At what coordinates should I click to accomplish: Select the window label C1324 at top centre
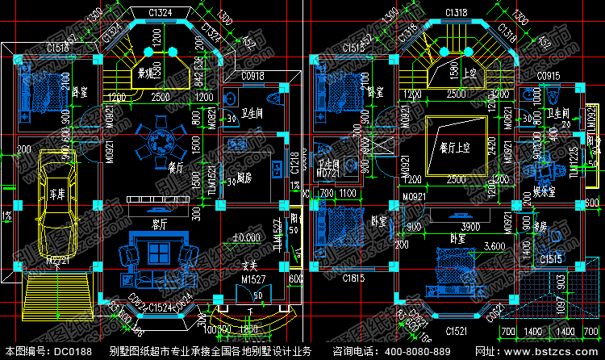point(161,11)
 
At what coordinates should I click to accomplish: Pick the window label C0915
point(549,76)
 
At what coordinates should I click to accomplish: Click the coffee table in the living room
point(158,277)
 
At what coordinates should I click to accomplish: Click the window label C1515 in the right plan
point(552,258)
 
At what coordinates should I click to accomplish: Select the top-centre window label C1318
point(458,11)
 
